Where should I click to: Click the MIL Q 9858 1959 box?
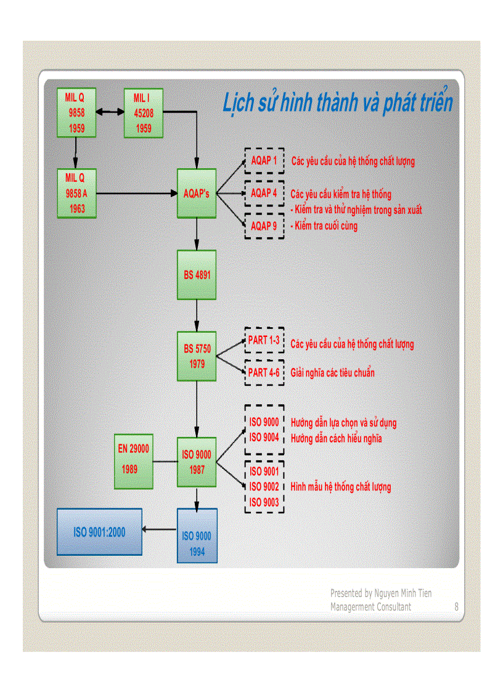pos(75,113)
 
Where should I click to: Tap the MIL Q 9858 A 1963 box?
pos(76,193)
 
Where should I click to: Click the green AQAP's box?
pos(197,193)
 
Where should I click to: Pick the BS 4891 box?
pos(197,275)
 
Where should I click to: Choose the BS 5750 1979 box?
pos(197,357)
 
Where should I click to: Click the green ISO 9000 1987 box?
pos(197,462)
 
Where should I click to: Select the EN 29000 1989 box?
pos(134,461)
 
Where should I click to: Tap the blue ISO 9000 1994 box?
pos(197,535)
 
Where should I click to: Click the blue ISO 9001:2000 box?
pos(99,532)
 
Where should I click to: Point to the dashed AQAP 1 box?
pos(264,161)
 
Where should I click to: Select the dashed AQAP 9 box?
pos(264,226)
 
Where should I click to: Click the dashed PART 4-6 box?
pos(264,373)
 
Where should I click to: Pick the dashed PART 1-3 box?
pos(264,340)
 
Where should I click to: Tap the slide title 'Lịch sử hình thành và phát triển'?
pos(337,103)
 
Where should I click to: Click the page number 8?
pos(456,607)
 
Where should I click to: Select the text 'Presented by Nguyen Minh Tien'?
pos(380,593)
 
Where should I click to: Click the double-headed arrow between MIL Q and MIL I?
pos(110,113)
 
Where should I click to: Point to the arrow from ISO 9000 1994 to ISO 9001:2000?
pos(159,529)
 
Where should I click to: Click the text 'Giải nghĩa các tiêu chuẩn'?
pos(332,373)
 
